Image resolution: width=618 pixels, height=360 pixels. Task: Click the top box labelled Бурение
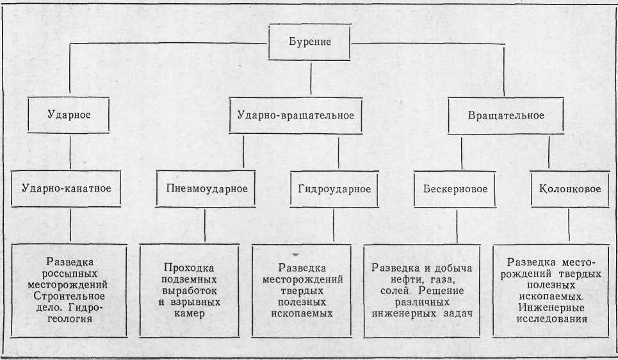pos(309,42)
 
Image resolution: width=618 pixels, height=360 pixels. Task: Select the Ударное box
pos(69,115)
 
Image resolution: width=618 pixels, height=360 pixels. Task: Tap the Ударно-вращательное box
pos(296,115)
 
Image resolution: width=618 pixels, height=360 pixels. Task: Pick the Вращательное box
pos(506,115)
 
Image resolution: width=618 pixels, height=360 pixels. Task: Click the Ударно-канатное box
pos(66,188)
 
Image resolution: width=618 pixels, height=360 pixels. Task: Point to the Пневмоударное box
pos(206,188)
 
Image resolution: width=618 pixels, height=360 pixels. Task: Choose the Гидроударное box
pos(334,189)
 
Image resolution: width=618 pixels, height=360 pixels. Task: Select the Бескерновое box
pos(455,189)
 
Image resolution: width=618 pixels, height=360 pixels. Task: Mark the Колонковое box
pos(570,189)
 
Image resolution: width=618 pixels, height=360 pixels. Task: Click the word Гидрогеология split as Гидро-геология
pos(78,313)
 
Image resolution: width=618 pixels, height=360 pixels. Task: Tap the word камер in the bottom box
pos(189,313)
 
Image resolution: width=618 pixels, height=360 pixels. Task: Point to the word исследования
pos(552,318)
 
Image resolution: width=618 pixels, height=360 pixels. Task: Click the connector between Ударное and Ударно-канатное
pos(70,152)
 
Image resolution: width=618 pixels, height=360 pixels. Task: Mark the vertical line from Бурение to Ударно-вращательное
pos(311,79)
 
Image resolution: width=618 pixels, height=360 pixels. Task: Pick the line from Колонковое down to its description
pos(569,225)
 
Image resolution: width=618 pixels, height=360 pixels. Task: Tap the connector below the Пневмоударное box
pos(205,225)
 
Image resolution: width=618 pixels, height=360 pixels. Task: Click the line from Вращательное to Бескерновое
pos(462,152)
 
